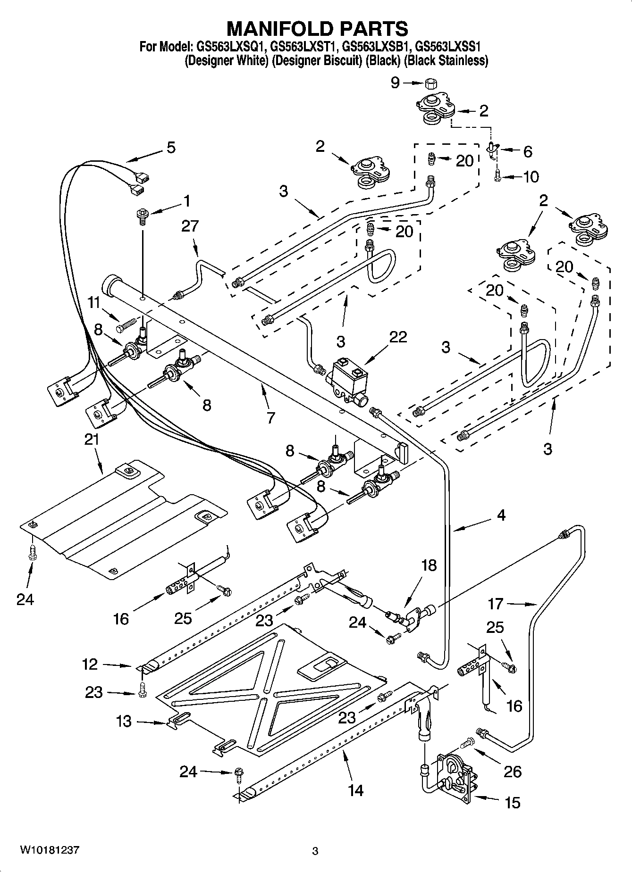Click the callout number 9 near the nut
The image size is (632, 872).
pos(395,83)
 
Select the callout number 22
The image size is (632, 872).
pos(398,337)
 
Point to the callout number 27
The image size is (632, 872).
pos(190,227)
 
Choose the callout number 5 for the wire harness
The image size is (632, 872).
pos(171,147)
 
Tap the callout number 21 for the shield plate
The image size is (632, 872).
pos(92,439)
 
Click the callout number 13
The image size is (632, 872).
pos(124,722)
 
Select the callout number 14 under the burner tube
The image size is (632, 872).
pos(356,790)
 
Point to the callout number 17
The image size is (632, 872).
pos(496,604)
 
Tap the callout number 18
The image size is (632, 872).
pos(429,565)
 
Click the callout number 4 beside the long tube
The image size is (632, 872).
pos(501,515)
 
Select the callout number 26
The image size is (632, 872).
pos(513,772)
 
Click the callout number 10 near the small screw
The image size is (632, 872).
pos(531,177)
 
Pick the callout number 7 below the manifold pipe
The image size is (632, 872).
pos(270,417)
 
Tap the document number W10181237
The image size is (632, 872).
pos(49,850)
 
